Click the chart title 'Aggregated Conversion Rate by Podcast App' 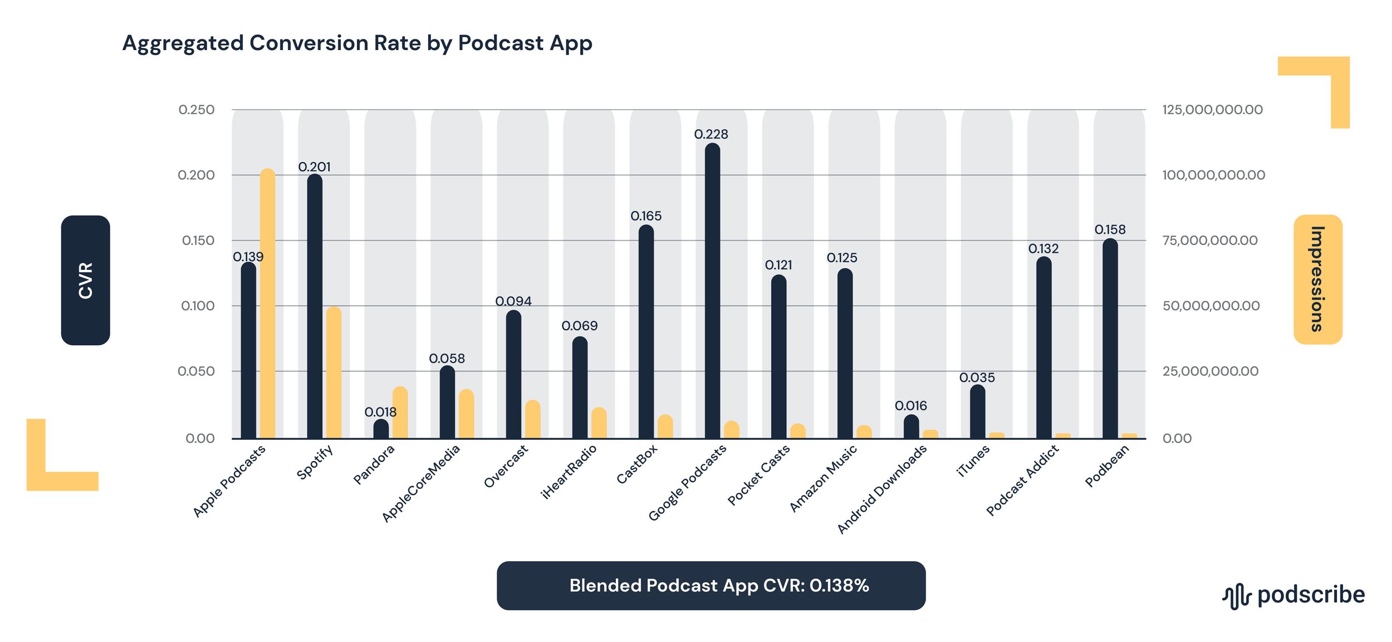[357, 43]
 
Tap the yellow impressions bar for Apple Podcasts [268, 303]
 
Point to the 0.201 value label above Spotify [314, 167]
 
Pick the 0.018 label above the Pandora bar [380, 412]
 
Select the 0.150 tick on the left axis [198, 241]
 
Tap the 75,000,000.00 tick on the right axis [1209, 241]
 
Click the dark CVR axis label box [85, 280]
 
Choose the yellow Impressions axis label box [1317, 280]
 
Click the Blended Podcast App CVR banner [710, 586]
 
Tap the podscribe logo [1293, 595]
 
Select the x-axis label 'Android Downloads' [882, 489]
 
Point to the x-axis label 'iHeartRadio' [568, 472]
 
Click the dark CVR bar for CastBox [646, 332]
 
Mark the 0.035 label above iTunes [977, 378]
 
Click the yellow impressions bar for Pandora [400, 413]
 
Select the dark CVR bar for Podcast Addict [1043, 348]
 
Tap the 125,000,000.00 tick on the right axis [1212, 110]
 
